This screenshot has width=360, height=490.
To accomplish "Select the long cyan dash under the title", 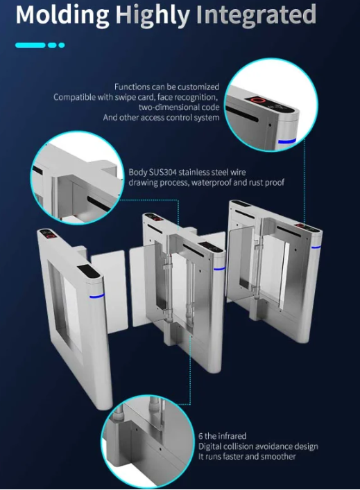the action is (31, 45).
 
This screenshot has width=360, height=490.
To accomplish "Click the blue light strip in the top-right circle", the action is (286, 141).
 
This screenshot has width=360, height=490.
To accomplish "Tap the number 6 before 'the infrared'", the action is (200, 436).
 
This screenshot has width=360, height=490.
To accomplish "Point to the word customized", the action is (198, 87).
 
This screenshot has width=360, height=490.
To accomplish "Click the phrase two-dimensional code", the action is (179, 107).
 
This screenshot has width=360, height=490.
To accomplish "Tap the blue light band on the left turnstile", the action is (97, 296).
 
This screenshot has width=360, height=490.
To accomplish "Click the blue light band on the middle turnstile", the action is (219, 268).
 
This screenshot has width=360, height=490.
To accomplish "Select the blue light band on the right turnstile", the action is (316, 247).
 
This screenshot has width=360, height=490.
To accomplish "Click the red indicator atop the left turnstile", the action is (50, 236).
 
